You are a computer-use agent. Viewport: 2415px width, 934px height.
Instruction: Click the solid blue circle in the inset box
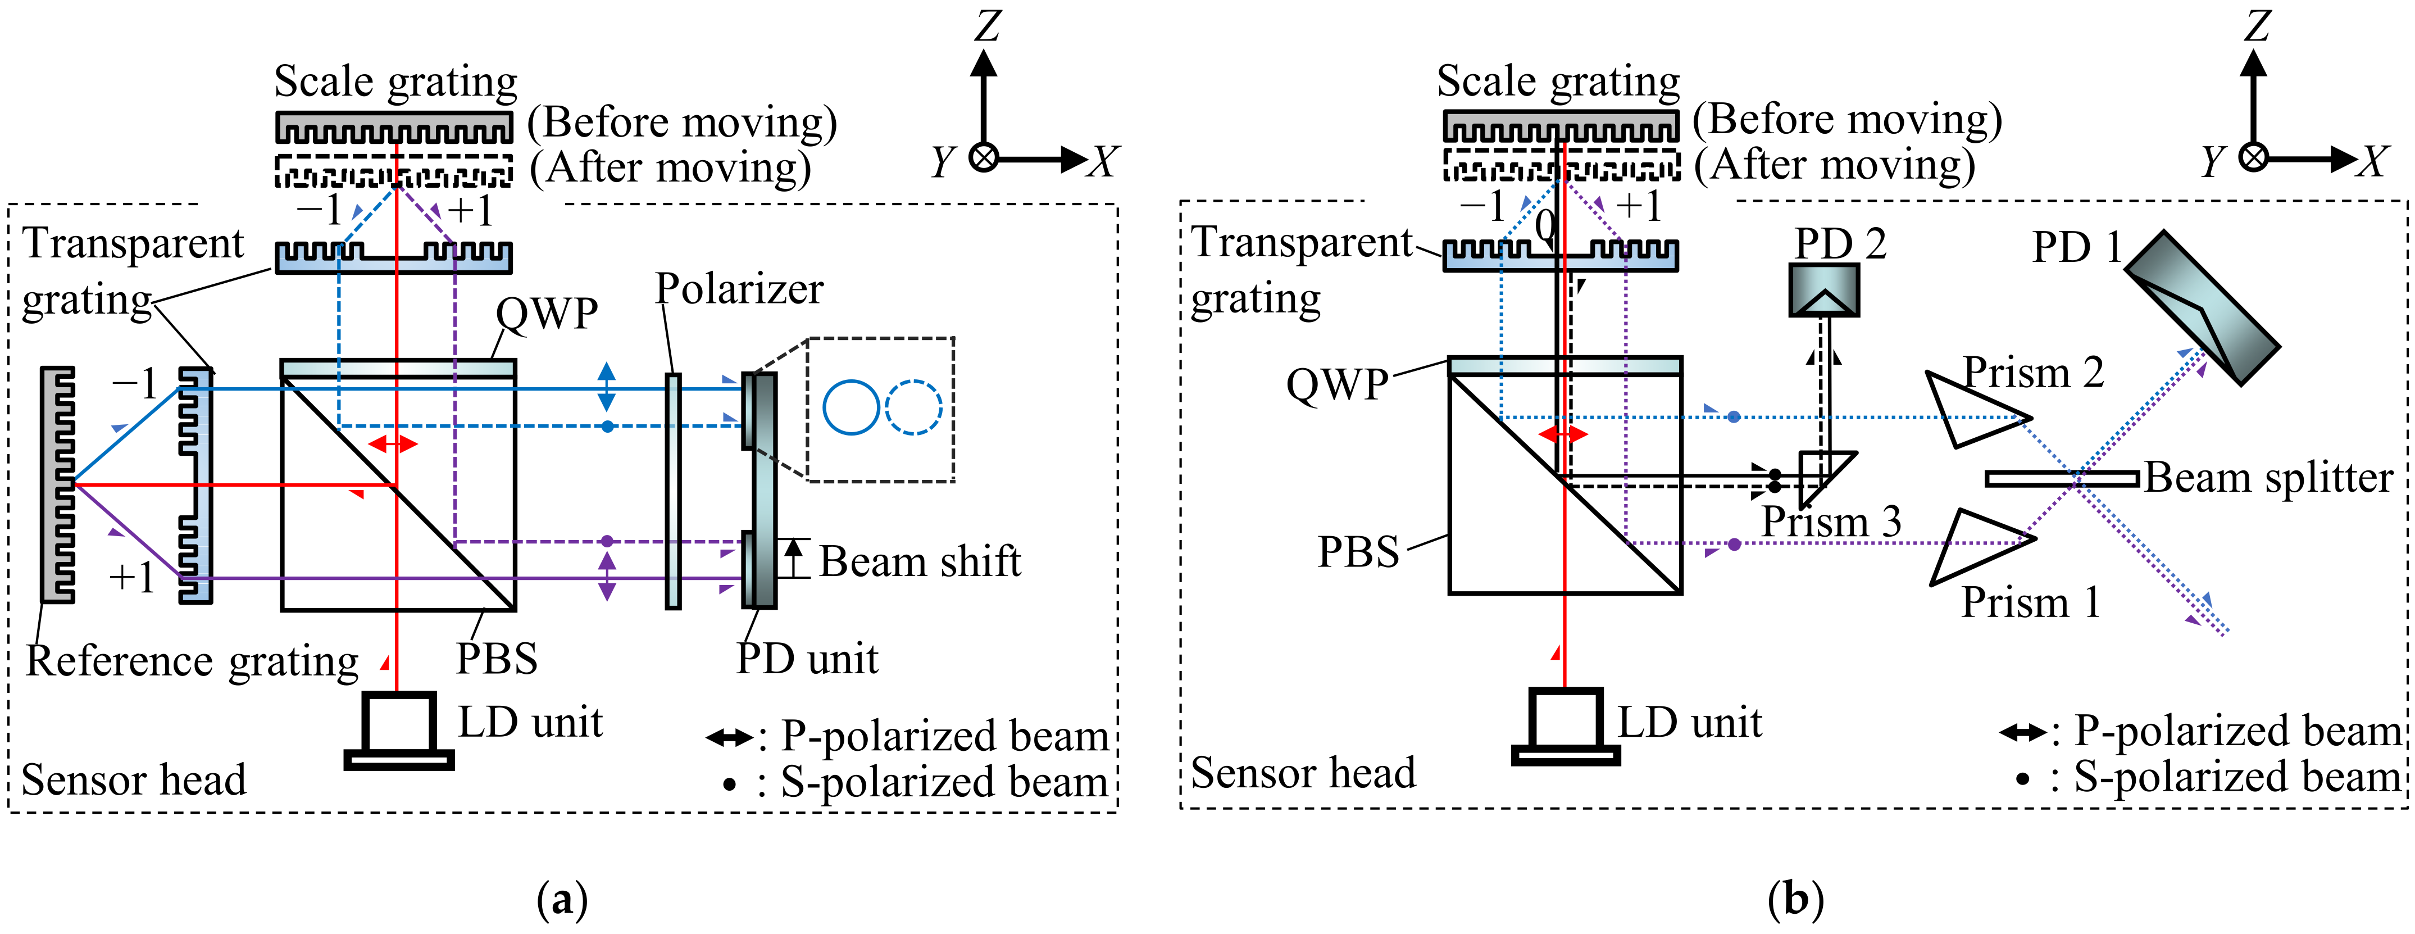pyautogui.click(x=851, y=407)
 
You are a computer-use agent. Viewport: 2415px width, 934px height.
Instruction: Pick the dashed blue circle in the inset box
pyautogui.click(x=913, y=407)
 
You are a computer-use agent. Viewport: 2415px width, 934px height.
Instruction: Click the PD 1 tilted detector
pyautogui.click(x=2200, y=307)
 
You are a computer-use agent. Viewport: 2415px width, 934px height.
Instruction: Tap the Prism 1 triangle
pyautogui.click(x=1973, y=547)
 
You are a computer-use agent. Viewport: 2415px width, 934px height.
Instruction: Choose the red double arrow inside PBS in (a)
pyautogui.click(x=393, y=443)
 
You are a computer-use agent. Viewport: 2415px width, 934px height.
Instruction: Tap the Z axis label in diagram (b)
pyautogui.click(x=2257, y=25)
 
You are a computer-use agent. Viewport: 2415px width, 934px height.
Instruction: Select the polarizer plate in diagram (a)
pyautogui.click(x=673, y=491)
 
